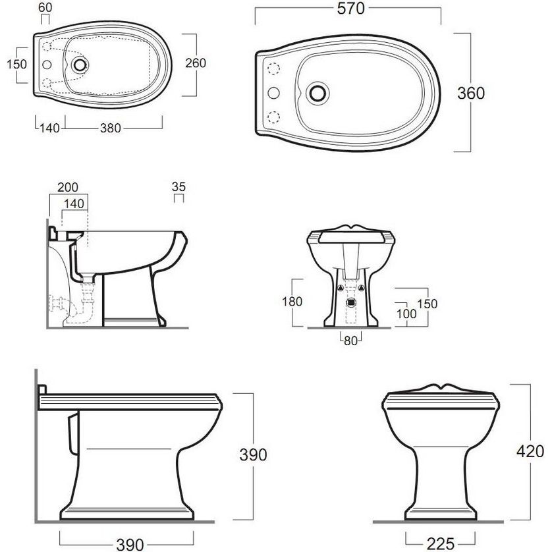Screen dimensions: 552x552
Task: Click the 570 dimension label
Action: click(350, 9)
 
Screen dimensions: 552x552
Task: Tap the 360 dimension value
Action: click(471, 94)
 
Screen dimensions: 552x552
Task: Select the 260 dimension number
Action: click(196, 63)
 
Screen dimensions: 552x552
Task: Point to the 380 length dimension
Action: click(111, 128)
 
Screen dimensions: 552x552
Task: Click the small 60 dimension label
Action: click(45, 7)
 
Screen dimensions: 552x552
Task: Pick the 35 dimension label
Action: click(179, 186)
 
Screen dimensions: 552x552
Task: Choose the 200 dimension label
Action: click(68, 187)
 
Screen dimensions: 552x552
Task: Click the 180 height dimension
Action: click(292, 301)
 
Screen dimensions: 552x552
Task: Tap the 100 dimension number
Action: click(406, 314)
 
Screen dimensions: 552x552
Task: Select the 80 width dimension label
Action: click(350, 341)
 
